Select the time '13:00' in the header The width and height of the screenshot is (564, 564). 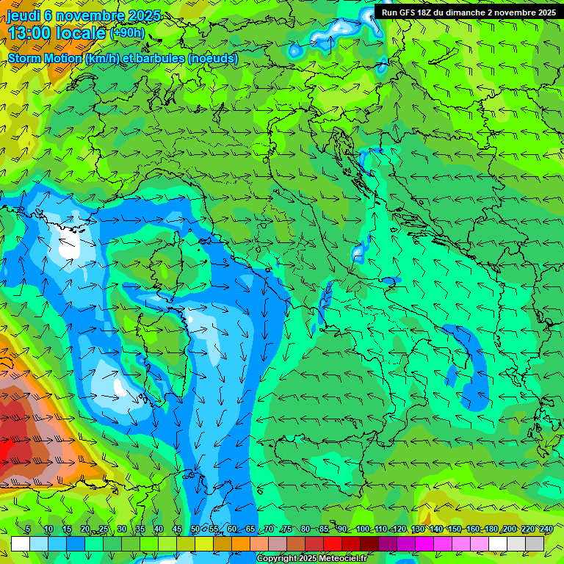pos(32,33)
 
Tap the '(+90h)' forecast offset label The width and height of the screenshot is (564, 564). pos(127,33)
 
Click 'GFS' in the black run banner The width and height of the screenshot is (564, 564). pos(411,12)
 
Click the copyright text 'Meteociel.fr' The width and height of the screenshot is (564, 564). pos(342,559)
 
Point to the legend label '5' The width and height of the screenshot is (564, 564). pos(28,529)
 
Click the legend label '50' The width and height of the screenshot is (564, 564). pos(195,529)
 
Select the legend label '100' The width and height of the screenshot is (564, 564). pos(363,529)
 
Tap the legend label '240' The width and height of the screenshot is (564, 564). pos(546,529)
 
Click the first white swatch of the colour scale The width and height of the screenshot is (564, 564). pos(21,543)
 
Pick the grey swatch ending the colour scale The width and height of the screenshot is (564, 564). pos(535,543)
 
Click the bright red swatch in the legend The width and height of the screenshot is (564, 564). pos(333,543)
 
